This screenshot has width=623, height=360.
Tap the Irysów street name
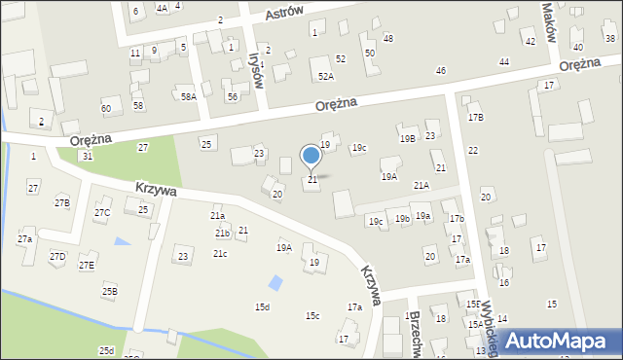[259, 69]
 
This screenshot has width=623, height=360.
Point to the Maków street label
[549, 19]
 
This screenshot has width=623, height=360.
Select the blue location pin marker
[311, 156]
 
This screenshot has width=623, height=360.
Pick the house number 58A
[188, 96]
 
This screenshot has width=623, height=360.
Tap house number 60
[105, 108]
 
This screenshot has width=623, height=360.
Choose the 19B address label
[407, 139]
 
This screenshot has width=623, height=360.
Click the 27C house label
[102, 212]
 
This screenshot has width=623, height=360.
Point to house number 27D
[57, 256]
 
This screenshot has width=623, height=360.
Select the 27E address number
[87, 265]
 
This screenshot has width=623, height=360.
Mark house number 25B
[110, 291]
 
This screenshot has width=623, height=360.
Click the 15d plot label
[262, 307]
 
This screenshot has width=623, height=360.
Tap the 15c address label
[312, 315]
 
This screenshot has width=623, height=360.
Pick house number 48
[388, 38]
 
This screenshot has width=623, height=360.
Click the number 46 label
[441, 70]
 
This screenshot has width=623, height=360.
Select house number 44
[503, 61]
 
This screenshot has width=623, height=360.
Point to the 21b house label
[222, 234]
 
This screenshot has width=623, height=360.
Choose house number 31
[88, 156]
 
